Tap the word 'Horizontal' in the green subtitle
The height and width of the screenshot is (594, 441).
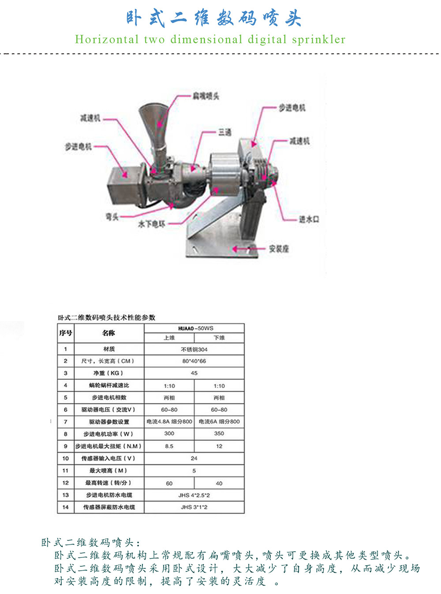pos(107,40)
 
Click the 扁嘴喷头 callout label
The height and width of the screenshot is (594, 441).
pos(206,96)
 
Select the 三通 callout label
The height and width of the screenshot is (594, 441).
pos(224,132)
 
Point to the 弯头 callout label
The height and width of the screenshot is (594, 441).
pos(112,217)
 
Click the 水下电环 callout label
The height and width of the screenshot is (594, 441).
pos(151,224)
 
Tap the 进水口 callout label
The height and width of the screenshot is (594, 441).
pos(309,219)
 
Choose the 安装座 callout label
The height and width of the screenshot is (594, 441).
pos(279,249)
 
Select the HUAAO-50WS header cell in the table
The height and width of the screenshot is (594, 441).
pos(194,329)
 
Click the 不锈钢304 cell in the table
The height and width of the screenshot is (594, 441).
pos(194,350)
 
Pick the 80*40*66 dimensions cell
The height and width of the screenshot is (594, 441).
pos(194,361)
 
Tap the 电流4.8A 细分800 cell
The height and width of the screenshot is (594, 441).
pos(169,422)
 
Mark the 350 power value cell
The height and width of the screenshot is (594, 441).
pos(219,433)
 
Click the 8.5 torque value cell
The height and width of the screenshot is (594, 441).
pos(169,446)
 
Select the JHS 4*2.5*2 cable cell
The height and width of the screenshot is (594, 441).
pos(194,495)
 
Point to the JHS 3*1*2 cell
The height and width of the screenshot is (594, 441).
pos(194,507)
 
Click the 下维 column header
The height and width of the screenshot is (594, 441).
pos(219,338)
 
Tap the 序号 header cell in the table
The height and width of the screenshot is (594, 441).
pos(66,333)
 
